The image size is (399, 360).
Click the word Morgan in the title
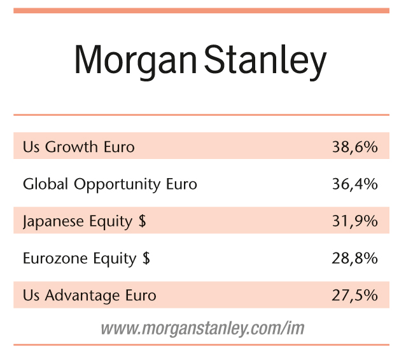136,61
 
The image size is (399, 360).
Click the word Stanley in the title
265,61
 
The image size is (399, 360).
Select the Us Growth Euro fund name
79,147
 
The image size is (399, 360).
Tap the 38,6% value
354,147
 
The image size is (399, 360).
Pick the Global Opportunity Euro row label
110,184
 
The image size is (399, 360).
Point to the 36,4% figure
354,184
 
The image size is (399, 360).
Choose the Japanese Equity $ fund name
85,221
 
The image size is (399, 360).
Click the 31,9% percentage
354,221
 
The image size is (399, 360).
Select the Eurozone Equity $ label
87,258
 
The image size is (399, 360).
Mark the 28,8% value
354,258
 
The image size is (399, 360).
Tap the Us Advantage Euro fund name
90,296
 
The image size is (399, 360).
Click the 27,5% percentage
354,295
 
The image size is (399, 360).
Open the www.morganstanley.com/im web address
202,328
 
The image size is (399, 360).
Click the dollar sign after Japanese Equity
143,221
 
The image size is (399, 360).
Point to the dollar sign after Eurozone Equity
146,258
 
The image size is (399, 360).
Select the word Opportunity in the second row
117,184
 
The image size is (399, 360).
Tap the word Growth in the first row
71,147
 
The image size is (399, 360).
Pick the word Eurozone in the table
55,258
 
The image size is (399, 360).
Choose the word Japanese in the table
53,221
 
